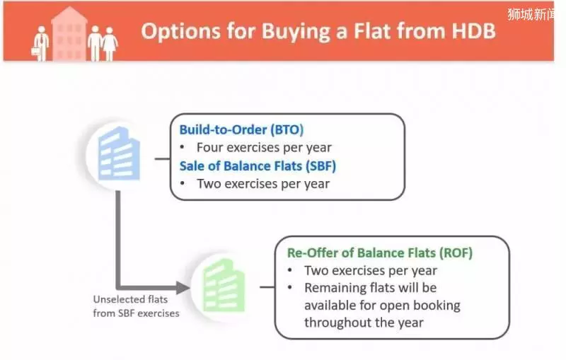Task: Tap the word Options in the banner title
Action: click(180, 31)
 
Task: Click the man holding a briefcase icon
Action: click(41, 44)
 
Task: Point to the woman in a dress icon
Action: click(110, 44)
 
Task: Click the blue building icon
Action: click(119, 153)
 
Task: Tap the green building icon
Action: click(224, 285)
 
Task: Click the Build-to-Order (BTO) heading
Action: click(241, 129)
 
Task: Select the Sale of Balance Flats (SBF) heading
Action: click(258, 166)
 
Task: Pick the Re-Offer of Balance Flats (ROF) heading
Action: click(380, 253)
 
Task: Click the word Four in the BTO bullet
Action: click(210, 147)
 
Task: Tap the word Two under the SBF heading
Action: click(209, 184)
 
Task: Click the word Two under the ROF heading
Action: click(317, 271)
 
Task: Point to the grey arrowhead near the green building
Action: click(183, 287)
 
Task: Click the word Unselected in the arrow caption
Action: click(114, 299)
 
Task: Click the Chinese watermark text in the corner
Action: click(531, 14)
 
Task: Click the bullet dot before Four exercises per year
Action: click(183, 147)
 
